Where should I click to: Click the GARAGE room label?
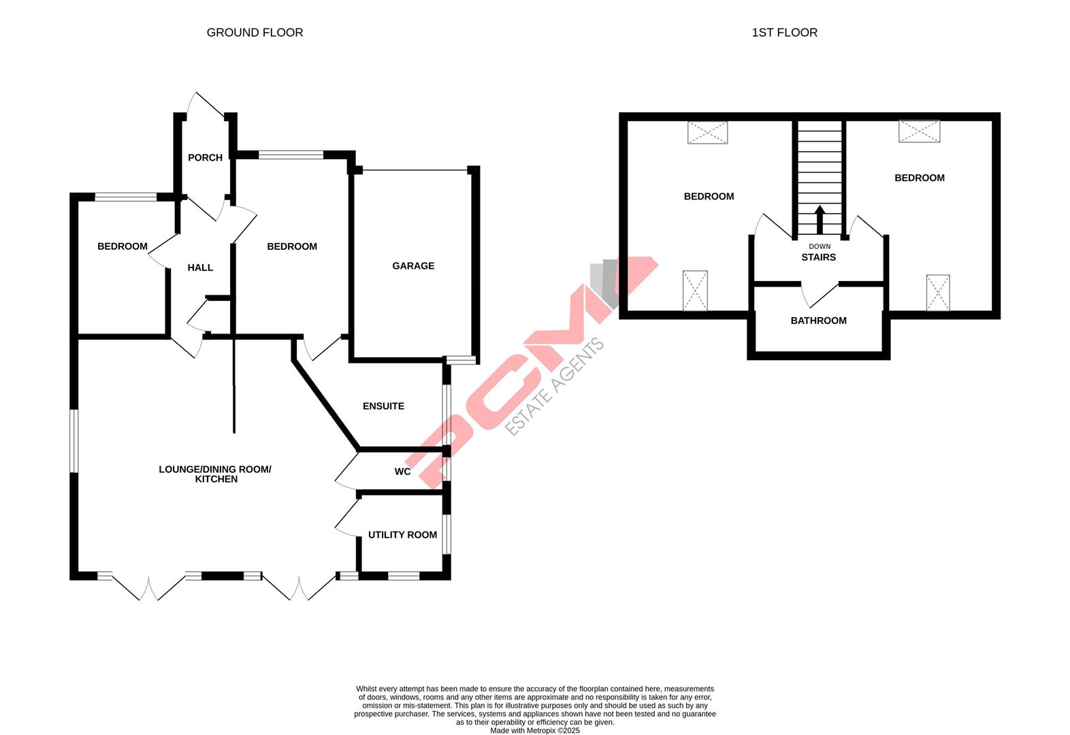click(x=412, y=266)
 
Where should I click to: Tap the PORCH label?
click(x=205, y=158)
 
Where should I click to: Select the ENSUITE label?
click(x=383, y=406)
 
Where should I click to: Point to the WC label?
click(x=402, y=472)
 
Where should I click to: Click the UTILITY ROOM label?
click(x=402, y=535)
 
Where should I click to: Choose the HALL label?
click(x=200, y=268)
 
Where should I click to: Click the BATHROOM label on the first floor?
click(x=818, y=321)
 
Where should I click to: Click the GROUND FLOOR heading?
click(x=255, y=33)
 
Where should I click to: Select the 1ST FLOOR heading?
click(x=784, y=33)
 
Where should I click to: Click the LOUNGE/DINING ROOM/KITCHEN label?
click(x=214, y=474)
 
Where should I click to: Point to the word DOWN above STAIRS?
click(x=820, y=246)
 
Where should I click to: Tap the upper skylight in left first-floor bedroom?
click(x=707, y=133)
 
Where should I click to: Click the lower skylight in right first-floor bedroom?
click(x=937, y=292)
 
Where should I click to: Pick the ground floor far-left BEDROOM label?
click(x=122, y=246)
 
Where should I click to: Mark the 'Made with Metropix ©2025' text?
click(x=534, y=730)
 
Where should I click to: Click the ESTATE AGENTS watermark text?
click(x=555, y=387)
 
